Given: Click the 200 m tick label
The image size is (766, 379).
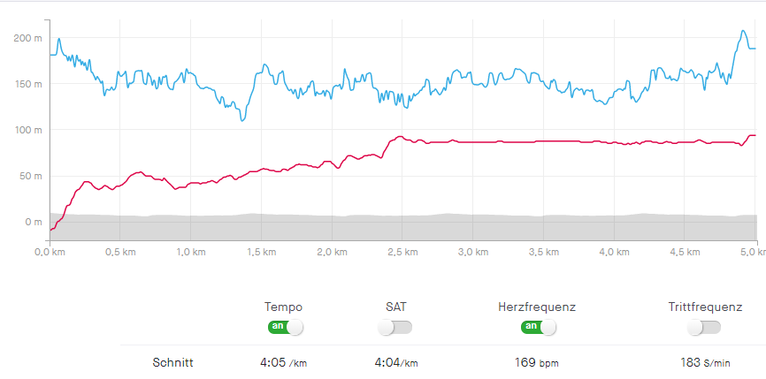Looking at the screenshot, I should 27,38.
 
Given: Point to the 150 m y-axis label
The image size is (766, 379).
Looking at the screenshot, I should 27,84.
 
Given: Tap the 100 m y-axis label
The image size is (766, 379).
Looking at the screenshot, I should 27,130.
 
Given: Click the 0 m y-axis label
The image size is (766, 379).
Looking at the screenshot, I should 33,222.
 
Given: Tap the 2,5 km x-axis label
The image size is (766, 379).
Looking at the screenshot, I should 402,252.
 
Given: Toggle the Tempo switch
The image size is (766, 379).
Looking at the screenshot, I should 284,327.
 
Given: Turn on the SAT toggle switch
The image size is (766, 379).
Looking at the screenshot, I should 394,327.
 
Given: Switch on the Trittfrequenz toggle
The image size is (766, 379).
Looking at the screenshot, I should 704,327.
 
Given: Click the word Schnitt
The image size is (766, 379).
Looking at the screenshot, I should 173,362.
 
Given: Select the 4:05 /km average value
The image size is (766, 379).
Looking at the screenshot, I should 284,362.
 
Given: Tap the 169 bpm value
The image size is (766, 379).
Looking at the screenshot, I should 537,362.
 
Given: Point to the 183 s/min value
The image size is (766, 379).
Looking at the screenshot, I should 705,362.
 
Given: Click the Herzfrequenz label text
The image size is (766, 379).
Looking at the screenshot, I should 537,307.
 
